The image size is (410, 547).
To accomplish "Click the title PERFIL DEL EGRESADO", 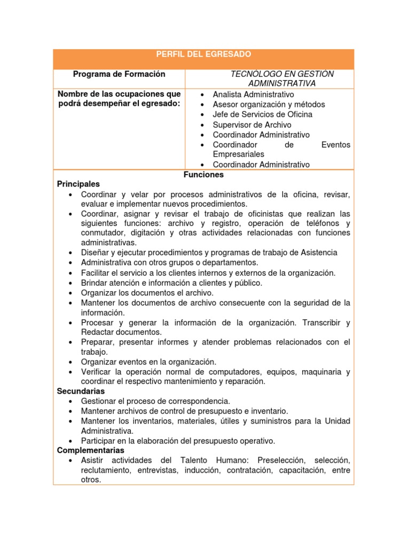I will tap(203, 54).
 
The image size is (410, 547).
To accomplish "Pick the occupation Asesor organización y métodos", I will tap(269, 105).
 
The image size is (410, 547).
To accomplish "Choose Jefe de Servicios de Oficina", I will tap(262, 114).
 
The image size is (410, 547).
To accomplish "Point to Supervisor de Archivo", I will tap(252, 124).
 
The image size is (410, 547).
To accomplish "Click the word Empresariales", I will tap(238, 154).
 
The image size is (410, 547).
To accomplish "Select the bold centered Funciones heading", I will tap(203, 175).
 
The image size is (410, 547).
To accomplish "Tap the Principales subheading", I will tap(78, 184).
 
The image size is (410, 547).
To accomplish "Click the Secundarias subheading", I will tap(81, 391).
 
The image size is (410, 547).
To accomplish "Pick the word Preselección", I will tap(282, 460).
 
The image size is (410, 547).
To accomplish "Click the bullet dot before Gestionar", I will tap(71, 401).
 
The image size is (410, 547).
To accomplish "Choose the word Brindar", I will tap(95, 283).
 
